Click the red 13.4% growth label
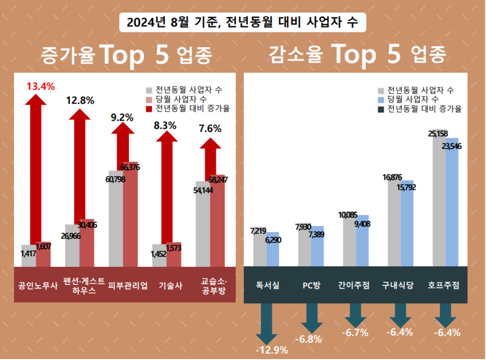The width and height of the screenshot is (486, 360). [40, 86]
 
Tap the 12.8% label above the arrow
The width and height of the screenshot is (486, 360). [80, 101]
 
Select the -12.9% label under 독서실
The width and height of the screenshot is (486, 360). [271, 350]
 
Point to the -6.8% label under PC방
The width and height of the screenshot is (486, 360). [310, 339]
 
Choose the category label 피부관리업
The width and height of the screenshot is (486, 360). [128, 285]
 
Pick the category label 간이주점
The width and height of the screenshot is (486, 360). [354, 285]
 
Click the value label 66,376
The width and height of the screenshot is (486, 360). [130, 167]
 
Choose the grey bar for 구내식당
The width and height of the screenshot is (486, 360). [394, 225]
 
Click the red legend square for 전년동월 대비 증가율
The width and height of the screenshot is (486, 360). [150, 108]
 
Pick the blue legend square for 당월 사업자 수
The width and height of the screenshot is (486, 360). [382, 99]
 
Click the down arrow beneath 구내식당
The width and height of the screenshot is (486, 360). [401, 315]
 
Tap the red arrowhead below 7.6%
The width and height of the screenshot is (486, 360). [210, 143]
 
